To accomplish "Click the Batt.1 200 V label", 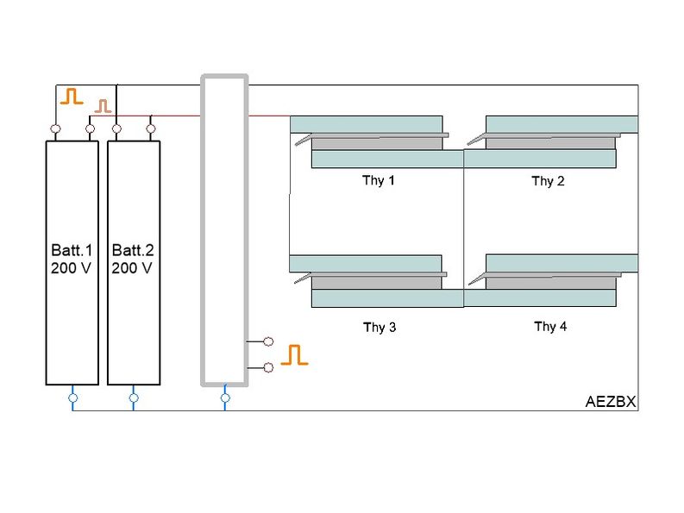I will [72, 259].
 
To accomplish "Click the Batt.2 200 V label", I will [133, 259].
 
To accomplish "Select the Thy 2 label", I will [548, 181].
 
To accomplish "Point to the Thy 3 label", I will [380, 328].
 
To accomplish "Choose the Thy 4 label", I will [550, 327].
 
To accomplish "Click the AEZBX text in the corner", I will [610, 403].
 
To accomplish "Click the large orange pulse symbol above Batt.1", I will [72, 96].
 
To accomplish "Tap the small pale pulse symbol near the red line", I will [104, 106].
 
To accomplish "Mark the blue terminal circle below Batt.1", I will [72, 398].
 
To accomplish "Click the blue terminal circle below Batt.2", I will [134, 398].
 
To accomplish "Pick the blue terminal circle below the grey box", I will [225, 398].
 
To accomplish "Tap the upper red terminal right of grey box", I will [268, 341].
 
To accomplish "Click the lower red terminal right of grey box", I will [268, 367].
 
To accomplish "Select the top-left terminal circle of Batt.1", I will [55, 129].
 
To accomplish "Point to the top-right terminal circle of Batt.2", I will [151, 129].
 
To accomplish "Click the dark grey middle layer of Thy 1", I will [377, 143].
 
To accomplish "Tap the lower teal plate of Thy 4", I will [540, 298].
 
